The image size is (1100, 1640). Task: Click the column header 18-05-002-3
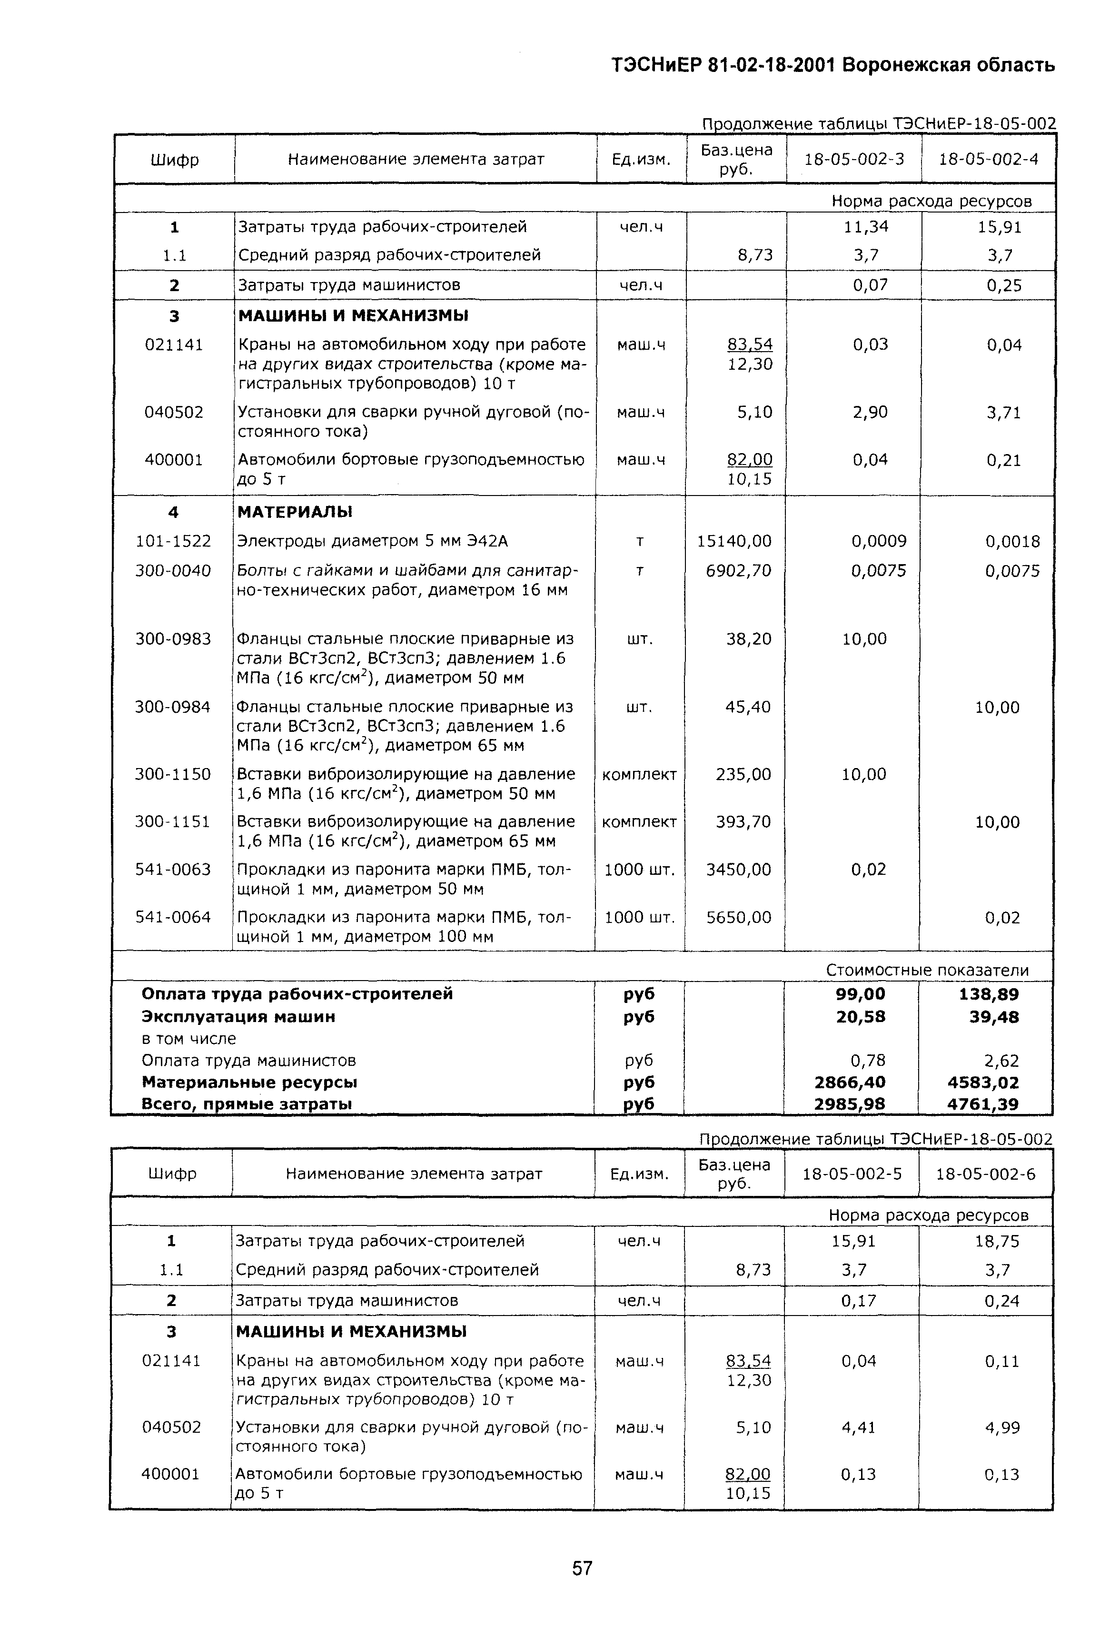coord(854,159)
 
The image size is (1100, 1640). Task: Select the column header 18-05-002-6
coord(986,1174)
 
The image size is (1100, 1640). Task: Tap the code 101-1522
coord(173,541)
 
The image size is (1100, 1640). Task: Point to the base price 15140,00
coord(734,541)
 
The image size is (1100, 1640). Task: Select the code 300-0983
coord(173,639)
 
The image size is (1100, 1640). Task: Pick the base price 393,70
coord(743,821)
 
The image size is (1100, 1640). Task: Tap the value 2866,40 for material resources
coord(850,1083)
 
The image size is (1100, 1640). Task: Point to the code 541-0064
coord(173,917)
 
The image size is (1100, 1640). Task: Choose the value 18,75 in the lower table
coord(997,1241)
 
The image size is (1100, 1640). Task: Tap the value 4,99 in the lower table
coord(1002,1427)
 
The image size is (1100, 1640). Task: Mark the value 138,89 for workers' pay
coord(989,994)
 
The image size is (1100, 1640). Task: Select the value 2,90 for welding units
coord(870,412)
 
